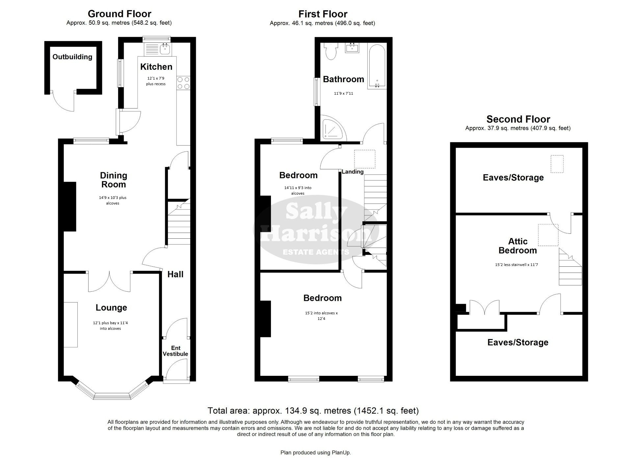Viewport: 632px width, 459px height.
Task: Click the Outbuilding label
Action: pyautogui.click(x=72, y=57)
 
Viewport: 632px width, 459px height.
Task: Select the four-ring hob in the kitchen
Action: pyautogui.click(x=183, y=83)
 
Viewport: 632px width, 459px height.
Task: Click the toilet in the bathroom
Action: pyautogui.click(x=330, y=51)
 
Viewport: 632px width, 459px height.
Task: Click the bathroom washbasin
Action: pyautogui.click(x=352, y=48)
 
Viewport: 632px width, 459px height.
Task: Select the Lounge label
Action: pyautogui.click(x=111, y=308)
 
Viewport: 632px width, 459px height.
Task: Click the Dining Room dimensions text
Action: pyautogui.click(x=113, y=201)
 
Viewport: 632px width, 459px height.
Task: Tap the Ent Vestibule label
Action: pyautogui.click(x=176, y=351)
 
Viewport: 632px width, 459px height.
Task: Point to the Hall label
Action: pyautogui.click(x=175, y=274)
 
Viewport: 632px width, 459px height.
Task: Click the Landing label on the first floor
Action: pyautogui.click(x=353, y=172)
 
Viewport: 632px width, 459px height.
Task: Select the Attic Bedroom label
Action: pyautogui.click(x=518, y=246)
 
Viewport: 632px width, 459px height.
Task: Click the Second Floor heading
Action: pyautogui.click(x=518, y=119)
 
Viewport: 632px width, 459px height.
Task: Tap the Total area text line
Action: pyautogui.click(x=313, y=411)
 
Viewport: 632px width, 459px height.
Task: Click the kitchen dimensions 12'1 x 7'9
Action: pyautogui.click(x=156, y=79)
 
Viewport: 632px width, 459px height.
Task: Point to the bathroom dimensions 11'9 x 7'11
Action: pyautogui.click(x=343, y=93)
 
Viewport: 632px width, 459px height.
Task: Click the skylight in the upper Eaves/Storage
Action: pyautogui.click(x=557, y=164)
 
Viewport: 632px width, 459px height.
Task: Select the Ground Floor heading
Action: pyautogui.click(x=119, y=14)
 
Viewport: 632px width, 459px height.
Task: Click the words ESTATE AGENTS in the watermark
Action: pyautogui.click(x=316, y=252)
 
